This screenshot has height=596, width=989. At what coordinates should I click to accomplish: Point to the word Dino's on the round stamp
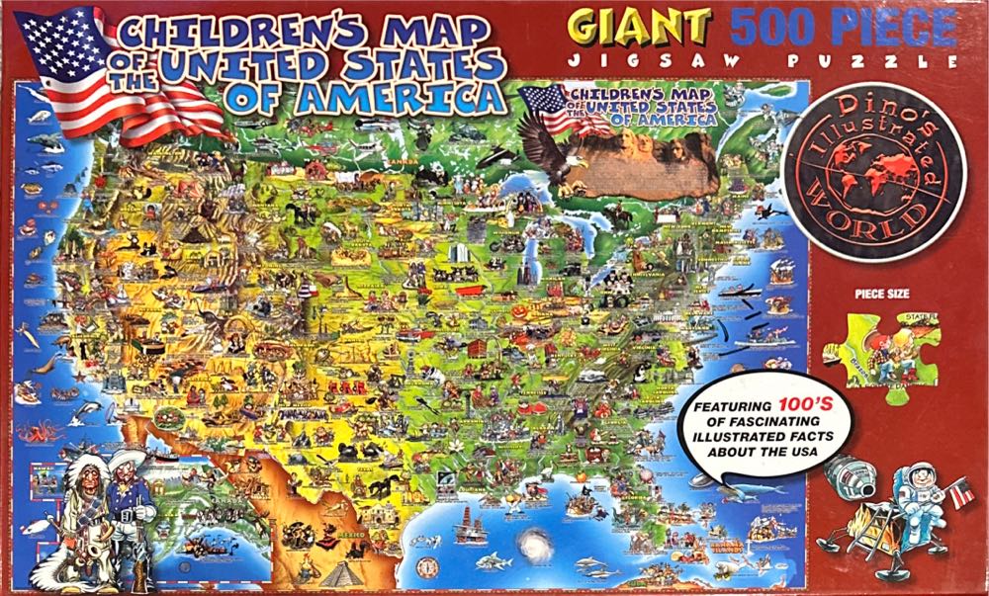tap(870, 117)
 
